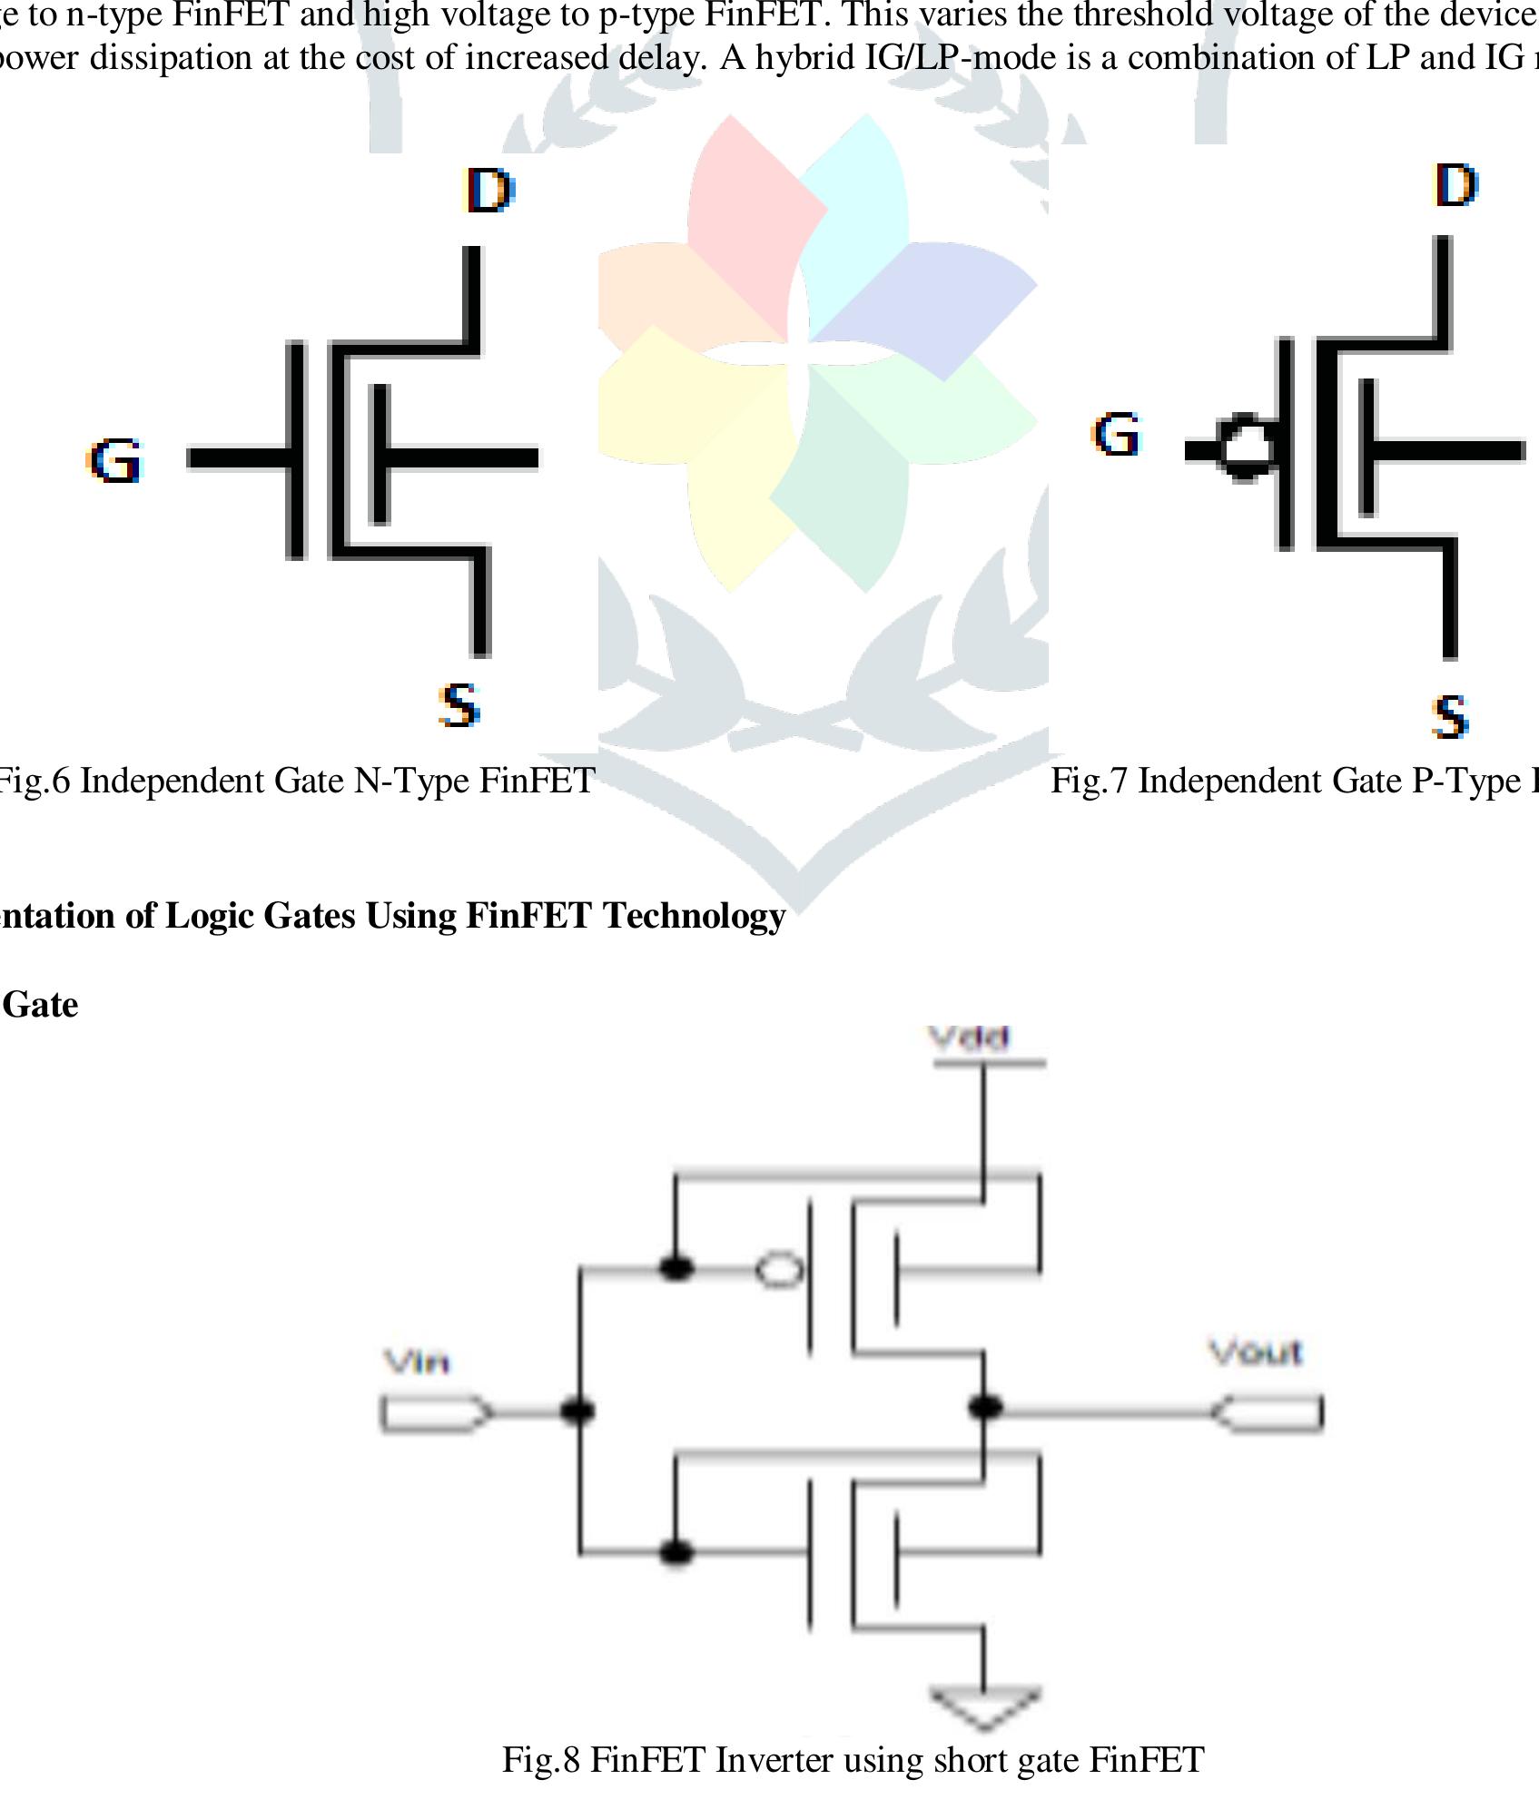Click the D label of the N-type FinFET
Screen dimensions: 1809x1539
(489, 190)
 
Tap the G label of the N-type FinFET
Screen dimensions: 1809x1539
(115, 460)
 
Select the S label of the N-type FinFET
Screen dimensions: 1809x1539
(459, 705)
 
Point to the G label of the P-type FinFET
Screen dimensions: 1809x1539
(1116, 434)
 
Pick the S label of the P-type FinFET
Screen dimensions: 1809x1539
(1450, 716)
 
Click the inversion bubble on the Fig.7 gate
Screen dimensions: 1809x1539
(1244, 447)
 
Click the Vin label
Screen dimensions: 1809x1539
(417, 1362)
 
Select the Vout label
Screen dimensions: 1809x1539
(1256, 1353)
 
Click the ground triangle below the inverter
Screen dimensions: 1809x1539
(983, 1707)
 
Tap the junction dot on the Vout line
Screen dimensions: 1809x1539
(984, 1408)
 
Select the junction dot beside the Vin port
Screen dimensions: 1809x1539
(578, 1411)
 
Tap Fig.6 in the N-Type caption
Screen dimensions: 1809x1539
(34, 781)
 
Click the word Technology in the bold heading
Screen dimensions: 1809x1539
(695, 916)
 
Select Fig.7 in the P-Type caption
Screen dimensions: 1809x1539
(1089, 781)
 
